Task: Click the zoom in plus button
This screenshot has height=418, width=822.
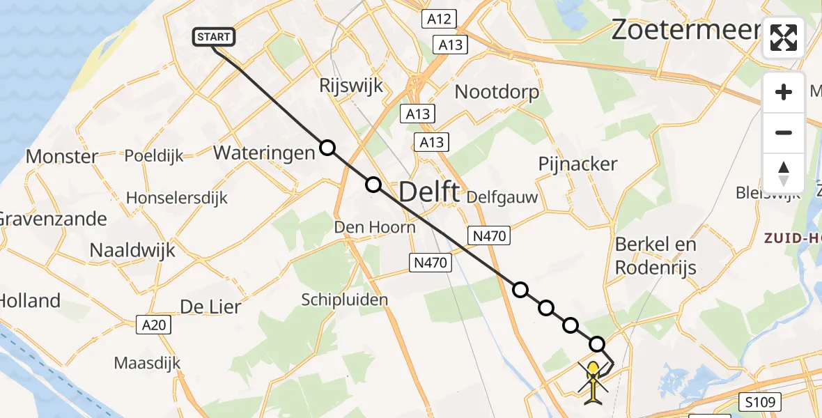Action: (784, 92)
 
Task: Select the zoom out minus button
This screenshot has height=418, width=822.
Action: (784, 132)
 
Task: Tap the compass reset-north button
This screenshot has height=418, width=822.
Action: (784, 173)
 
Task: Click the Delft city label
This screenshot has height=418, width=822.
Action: (429, 191)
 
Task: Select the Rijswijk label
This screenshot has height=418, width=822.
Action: (352, 86)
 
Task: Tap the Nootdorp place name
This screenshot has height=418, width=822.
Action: (497, 91)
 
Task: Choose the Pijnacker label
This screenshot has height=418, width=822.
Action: (577, 164)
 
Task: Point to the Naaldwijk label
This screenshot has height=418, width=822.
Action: (132, 249)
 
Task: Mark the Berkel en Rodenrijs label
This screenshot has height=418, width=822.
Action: (656, 256)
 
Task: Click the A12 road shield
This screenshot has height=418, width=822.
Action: (439, 20)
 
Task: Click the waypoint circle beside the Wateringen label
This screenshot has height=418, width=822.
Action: (327, 148)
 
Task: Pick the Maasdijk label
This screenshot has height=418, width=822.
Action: (147, 363)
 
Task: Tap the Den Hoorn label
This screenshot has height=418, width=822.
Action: (375, 226)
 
